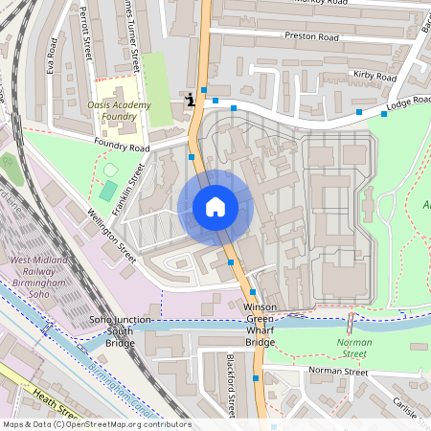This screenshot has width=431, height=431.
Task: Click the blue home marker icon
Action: click(x=215, y=207)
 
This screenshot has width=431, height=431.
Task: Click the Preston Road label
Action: click(x=311, y=37)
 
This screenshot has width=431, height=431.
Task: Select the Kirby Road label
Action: click(x=374, y=76)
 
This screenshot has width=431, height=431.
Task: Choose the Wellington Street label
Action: click(x=112, y=230)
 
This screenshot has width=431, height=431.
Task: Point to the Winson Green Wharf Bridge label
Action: click(x=260, y=324)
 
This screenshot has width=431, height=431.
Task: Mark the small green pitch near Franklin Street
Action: click(x=109, y=190)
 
